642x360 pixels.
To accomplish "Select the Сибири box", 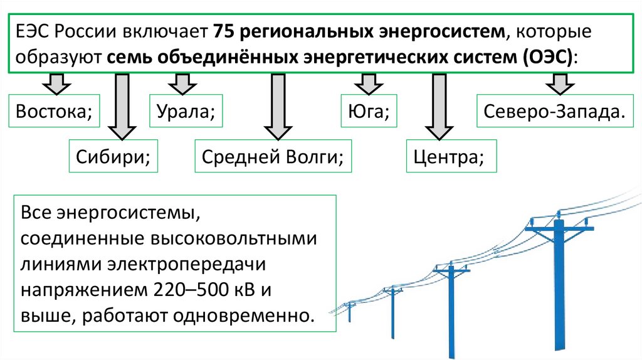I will click(x=112, y=156).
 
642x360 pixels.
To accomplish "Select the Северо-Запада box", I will click(x=554, y=112).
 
